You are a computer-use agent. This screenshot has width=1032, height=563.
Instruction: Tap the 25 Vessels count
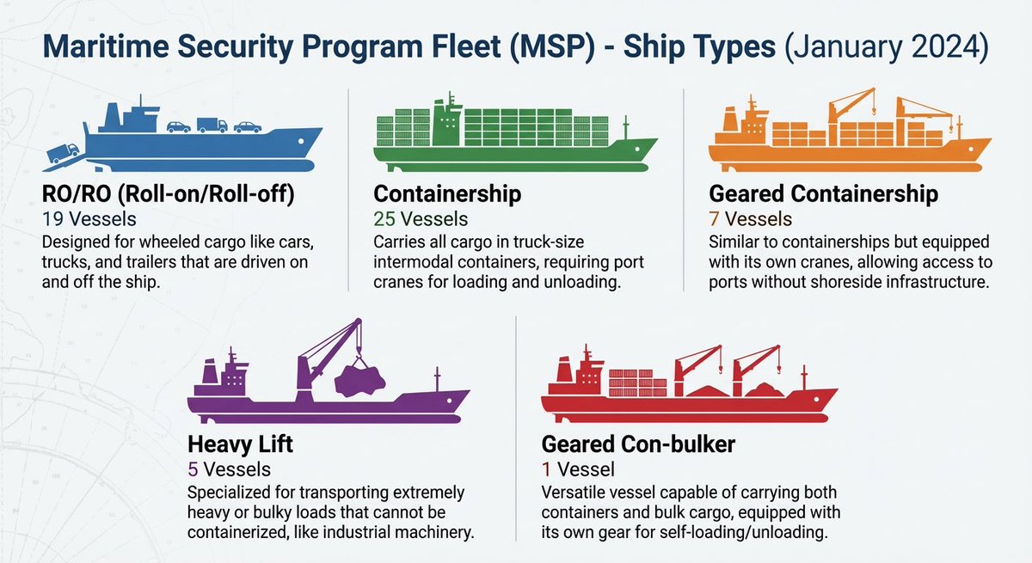click(421, 219)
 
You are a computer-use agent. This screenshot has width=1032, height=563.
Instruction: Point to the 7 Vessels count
click(750, 219)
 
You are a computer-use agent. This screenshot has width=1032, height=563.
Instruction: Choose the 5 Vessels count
click(229, 469)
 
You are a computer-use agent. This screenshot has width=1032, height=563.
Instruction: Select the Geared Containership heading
click(823, 195)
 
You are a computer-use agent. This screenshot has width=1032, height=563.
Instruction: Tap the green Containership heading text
click(447, 195)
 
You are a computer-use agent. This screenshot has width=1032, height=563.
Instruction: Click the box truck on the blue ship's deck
click(212, 125)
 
